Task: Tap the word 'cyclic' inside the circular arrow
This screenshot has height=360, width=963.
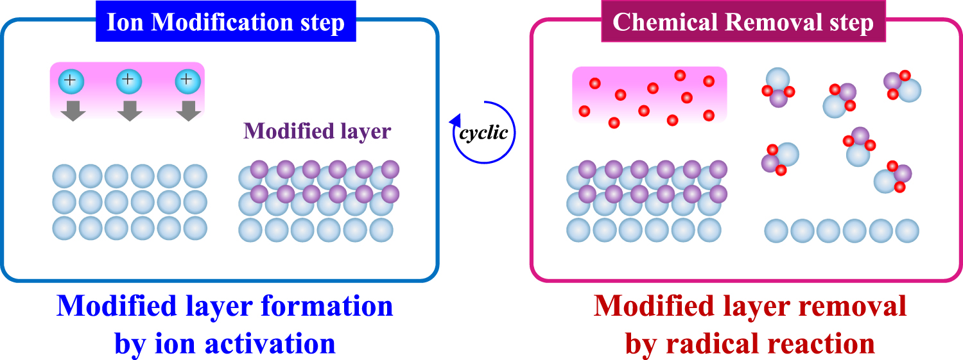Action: (x=484, y=133)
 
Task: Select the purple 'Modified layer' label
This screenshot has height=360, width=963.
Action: (x=317, y=132)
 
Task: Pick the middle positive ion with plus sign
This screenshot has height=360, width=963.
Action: (x=128, y=81)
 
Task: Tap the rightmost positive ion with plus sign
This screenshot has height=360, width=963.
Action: (x=187, y=81)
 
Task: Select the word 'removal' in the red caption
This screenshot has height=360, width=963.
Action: (x=849, y=307)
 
